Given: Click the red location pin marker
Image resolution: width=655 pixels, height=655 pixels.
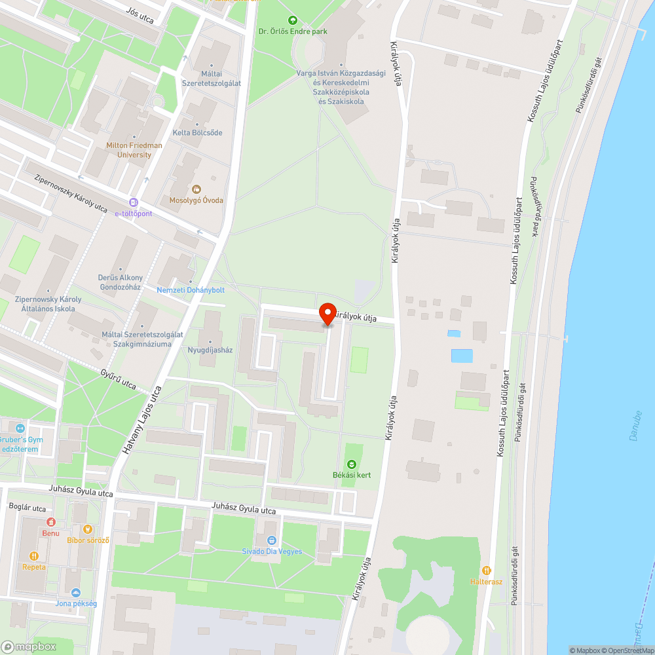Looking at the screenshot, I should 327,314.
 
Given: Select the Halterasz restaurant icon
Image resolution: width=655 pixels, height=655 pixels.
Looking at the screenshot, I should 486,571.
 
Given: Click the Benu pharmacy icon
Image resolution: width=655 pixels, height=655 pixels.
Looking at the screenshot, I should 50,522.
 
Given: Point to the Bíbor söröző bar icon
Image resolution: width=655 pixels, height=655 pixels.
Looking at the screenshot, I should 88,529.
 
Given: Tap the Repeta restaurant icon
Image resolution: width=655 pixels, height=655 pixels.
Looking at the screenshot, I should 33,555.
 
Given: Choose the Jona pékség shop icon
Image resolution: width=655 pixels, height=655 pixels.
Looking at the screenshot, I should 76,592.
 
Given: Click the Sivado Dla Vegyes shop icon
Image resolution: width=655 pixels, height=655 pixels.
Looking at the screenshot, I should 272,540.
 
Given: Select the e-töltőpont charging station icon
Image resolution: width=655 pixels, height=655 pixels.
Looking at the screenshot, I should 134,203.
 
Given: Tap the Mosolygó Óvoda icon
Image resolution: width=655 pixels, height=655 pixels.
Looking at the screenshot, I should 196,189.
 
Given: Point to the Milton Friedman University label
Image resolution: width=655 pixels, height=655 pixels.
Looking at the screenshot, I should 129,150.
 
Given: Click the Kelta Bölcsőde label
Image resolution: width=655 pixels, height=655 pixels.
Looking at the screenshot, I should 197,133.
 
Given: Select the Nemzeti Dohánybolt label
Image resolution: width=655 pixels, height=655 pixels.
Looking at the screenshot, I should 191,290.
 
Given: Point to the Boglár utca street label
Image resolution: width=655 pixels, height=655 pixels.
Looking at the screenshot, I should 27,508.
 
